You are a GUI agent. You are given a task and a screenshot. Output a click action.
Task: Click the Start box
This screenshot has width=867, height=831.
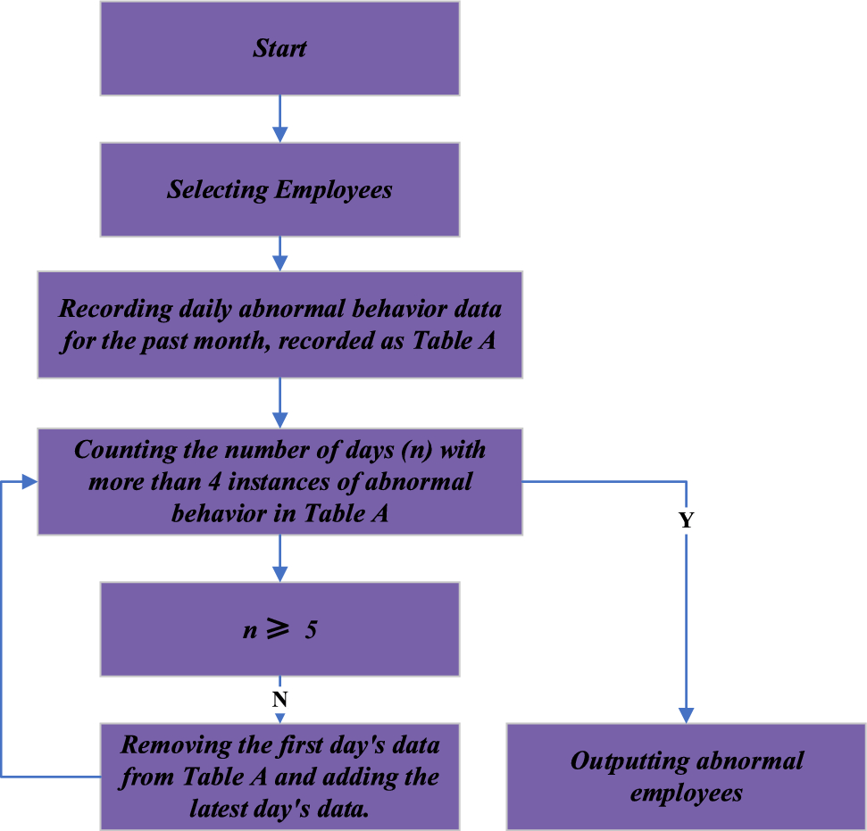(279, 48)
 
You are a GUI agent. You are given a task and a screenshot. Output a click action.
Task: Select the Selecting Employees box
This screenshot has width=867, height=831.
(279, 189)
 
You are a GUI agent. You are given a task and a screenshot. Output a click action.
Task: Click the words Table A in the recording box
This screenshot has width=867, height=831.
(454, 341)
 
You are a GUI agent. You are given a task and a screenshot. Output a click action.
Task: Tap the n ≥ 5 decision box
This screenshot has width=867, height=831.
(279, 629)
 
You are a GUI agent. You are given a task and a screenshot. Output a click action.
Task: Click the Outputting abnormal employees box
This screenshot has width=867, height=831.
(686, 777)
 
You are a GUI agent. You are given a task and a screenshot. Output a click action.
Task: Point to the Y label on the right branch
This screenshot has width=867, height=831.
(686, 521)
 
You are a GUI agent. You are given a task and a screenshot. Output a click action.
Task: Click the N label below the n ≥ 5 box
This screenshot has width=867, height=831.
(279, 699)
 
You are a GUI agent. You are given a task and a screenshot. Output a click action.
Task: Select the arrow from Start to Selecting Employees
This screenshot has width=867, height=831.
(279, 118)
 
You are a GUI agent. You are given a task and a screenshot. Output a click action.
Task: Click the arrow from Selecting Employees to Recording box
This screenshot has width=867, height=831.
(279, 253)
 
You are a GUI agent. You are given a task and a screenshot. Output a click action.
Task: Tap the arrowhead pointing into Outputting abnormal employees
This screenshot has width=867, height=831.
(686, 714)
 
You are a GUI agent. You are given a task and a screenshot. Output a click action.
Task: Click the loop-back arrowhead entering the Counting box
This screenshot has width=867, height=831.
(29, 482)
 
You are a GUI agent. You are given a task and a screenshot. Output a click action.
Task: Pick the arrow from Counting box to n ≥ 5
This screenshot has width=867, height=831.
(279, 558)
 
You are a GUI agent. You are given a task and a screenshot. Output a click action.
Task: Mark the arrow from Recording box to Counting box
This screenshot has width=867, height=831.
(279, 403)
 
